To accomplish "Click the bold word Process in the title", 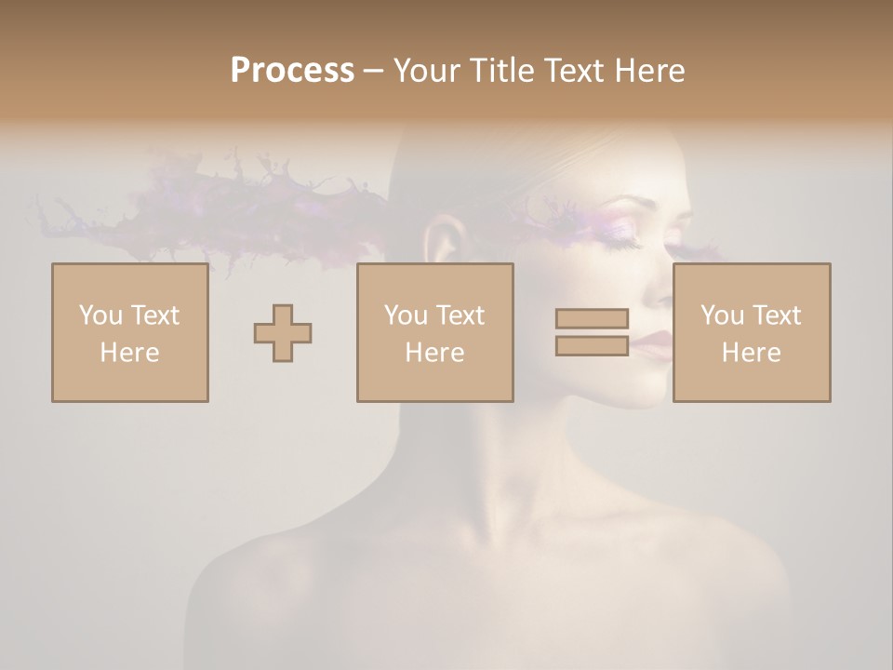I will point(292,71).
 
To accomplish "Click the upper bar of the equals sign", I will point(592,318).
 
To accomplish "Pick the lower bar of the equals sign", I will point(592,346).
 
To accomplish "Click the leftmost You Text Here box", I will point(130,333).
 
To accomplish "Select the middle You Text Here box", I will point(434,333).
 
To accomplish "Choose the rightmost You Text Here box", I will point(752,333).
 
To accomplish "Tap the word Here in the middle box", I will point(434,353).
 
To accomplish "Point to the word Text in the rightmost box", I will point(774,315).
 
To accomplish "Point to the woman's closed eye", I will point(621,243).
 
